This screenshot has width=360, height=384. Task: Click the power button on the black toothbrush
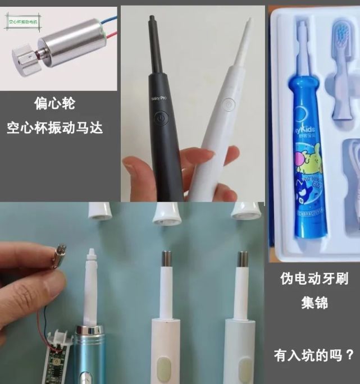[161, 120]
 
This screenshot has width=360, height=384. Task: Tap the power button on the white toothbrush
[227, 104]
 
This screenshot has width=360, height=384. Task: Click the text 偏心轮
[54, 103]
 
